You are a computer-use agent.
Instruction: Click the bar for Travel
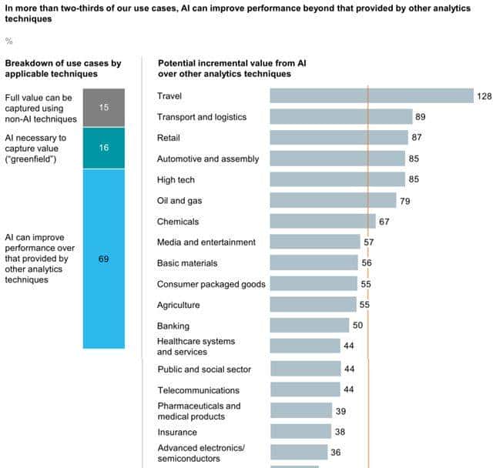(x=371, y=95)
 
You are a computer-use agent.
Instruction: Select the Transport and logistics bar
(x=340, y=117)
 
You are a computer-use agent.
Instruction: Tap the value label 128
(x=484, y=96)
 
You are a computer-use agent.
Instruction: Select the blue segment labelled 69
(x=103, y=259)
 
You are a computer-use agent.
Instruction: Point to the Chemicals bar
(x=322, y=222)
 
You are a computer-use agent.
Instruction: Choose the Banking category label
(x=173, y=326)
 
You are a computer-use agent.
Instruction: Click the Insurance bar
(x=300, y=432)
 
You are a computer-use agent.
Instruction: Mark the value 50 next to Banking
(x=358, y=326)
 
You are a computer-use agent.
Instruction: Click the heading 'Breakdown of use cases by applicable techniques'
(x=52, y=67)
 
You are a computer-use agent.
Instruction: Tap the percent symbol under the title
(x=9, y=41)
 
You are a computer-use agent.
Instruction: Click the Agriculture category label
(x=178, y=305)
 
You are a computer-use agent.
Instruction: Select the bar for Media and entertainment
(x=314, y=242)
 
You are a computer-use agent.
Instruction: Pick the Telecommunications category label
(x=198, y=390)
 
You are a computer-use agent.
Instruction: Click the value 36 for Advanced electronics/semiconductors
(x=335, y=453)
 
